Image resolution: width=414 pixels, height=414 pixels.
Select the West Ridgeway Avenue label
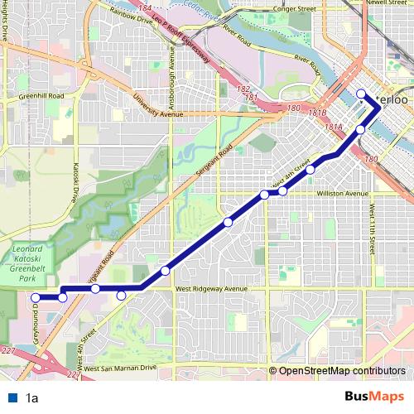[212, 289]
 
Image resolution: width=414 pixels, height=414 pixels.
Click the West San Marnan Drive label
[119, 367]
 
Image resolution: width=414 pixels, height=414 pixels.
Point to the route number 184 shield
[145, 7]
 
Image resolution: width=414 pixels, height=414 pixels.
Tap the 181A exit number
[334, 127]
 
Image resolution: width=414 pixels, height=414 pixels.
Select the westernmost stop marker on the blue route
[36, 297]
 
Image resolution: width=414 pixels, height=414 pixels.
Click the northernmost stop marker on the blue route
[362, 93]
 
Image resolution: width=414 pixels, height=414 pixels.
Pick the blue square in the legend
[12, 398]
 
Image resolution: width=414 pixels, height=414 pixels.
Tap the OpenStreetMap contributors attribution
[341, 370]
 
